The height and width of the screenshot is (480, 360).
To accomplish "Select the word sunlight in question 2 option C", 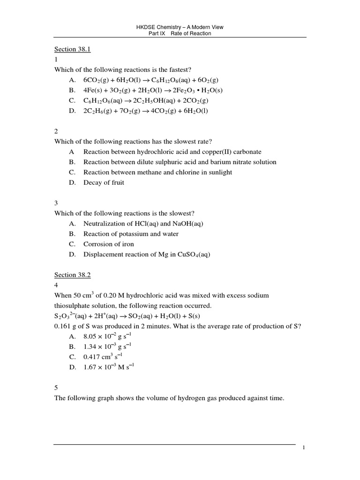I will tap(220, 172).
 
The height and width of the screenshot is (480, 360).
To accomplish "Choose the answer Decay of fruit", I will tap(104, 183).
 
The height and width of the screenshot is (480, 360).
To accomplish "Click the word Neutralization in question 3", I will tap(104, 224).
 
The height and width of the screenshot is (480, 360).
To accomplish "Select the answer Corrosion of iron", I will tap(108, 244).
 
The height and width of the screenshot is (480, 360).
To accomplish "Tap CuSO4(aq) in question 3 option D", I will tap(194, 255).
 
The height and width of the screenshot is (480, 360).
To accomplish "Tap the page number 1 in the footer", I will tap(304, 448).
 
